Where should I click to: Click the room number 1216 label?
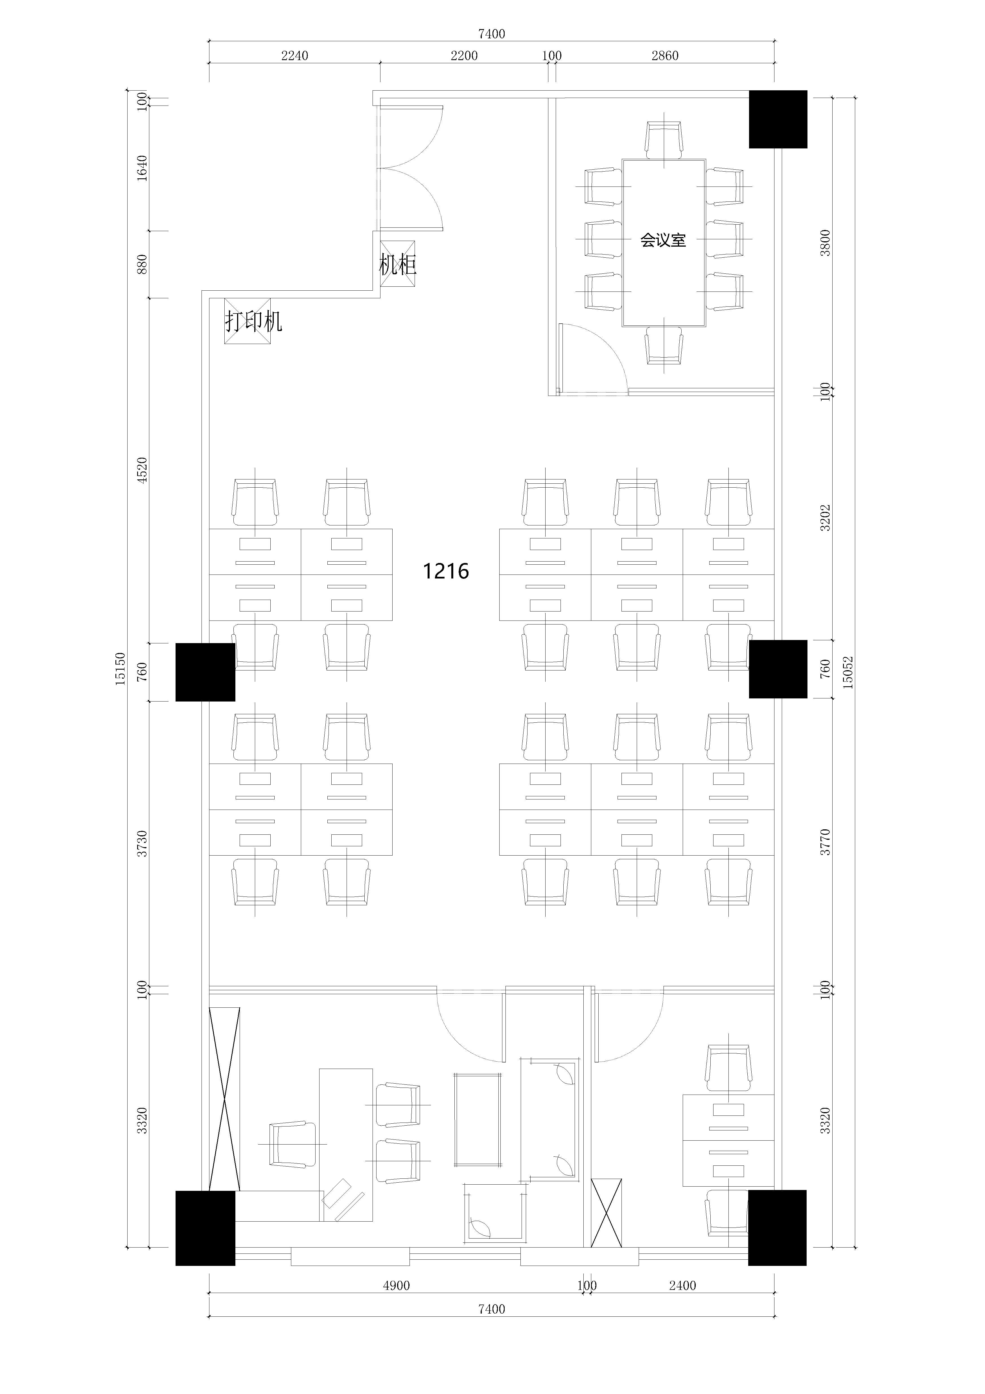[x=446, y=571]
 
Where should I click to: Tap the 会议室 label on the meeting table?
[x=663, y=240]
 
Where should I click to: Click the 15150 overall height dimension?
[x=120, y=669]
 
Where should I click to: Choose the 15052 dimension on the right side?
[x=848, y=672]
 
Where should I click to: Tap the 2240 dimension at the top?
[x=295, y=56]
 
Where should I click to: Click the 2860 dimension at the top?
[x=665, y=56]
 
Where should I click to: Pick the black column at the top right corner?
[x=778, y=119]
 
